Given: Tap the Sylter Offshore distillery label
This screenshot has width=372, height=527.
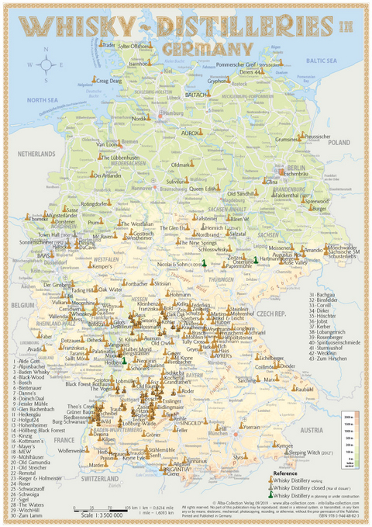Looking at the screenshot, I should tap(133, 47).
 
